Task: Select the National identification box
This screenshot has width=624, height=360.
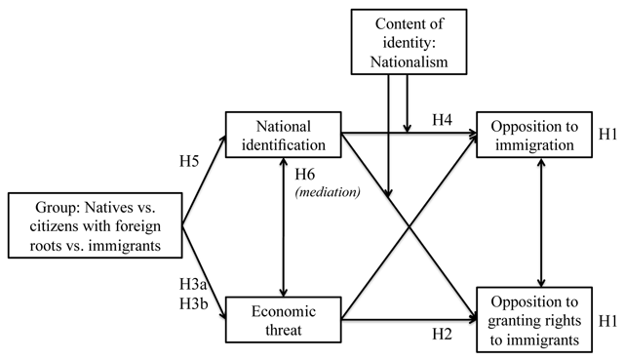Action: coord(284,136)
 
